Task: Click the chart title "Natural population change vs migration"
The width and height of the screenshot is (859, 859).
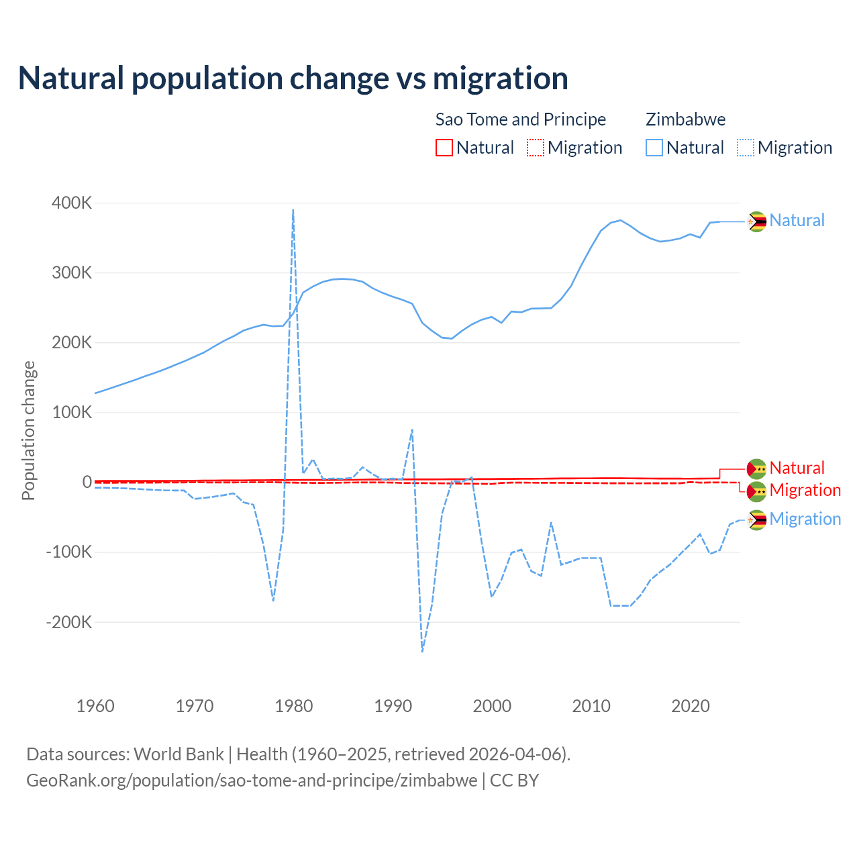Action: point(293,79)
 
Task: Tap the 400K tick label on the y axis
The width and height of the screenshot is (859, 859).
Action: point(72,203)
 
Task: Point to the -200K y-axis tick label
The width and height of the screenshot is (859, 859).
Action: point(69,622)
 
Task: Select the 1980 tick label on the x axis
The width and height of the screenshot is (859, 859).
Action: point(294,706)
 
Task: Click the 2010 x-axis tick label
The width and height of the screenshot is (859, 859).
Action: point(591,706)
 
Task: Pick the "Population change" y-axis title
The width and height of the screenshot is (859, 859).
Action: point(28,430)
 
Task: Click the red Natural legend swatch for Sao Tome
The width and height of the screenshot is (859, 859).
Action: point(444,148)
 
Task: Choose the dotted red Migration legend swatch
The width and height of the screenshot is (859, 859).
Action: point(536,148)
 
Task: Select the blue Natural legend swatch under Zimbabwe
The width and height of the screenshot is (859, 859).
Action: point(654,148)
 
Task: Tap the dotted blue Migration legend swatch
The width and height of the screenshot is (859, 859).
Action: point(746,148)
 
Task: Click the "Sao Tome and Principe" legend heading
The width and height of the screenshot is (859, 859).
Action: point(521,119)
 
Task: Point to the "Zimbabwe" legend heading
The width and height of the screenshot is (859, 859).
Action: point(685,119)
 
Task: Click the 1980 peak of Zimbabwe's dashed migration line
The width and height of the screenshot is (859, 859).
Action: point(293,210)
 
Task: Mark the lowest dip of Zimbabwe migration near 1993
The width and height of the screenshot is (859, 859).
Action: point(422,651)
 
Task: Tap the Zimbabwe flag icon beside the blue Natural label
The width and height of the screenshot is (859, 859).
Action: point(757,221)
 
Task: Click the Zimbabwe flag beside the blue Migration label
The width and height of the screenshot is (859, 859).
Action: point(757,520)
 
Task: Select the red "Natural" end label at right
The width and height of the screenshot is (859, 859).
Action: point(797,468)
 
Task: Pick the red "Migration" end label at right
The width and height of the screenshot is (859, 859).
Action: point(805,491)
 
